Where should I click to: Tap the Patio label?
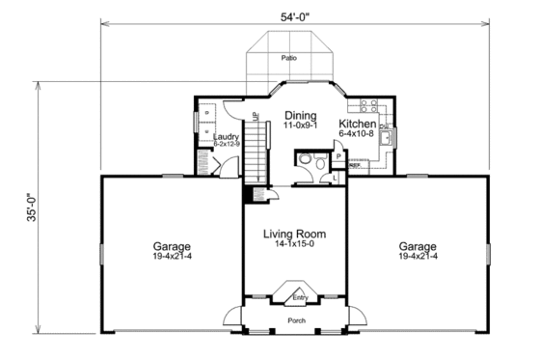[288, 59]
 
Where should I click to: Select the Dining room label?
[301, 115]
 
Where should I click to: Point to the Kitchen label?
[356, 124]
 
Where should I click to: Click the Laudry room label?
[226, 137]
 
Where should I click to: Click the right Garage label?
[418, 246]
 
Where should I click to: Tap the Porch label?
[296, 319]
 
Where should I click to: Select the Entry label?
[300, 298]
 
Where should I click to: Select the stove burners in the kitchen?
[368, 104]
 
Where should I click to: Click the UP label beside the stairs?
[256, 118]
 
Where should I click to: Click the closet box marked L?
[334, 179]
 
